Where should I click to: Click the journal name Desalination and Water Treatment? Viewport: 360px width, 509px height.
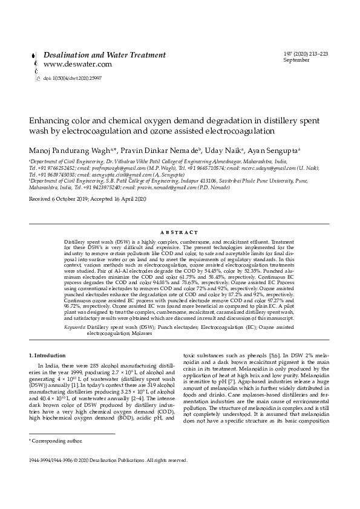[104, 55]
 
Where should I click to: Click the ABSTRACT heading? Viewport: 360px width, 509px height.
[180, 232]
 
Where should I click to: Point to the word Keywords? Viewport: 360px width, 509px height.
[75, 326]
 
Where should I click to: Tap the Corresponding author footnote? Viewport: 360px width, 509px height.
[51, 442]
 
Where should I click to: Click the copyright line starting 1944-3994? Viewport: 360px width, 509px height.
[108, 459]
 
